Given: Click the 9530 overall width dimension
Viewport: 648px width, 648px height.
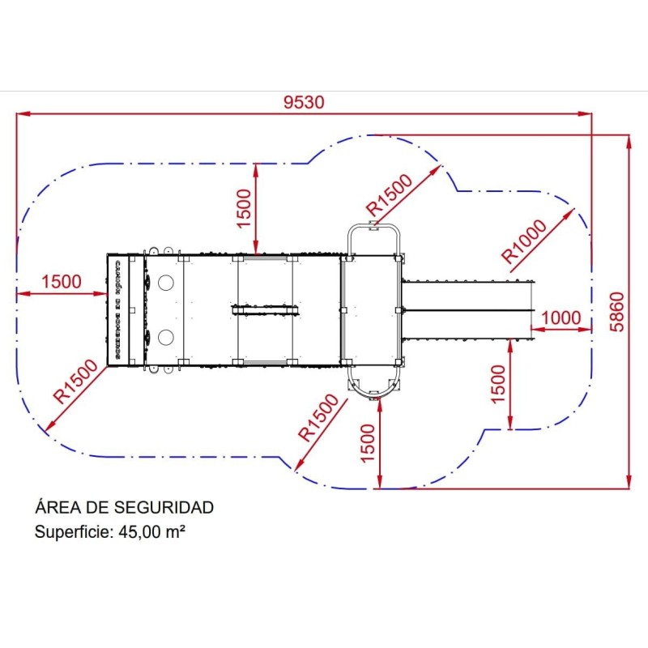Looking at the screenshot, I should [304, 102].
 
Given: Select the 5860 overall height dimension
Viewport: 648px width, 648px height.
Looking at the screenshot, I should [617, 311].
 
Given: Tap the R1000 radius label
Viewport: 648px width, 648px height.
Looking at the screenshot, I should [534, 239].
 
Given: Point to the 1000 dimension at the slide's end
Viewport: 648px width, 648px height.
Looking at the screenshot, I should [561, 318].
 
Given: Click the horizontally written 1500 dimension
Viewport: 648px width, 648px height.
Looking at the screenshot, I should [62, 282].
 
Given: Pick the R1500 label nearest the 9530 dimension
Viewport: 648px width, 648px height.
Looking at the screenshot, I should [389, 195].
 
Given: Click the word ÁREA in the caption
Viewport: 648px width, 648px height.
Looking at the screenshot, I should [58, 508].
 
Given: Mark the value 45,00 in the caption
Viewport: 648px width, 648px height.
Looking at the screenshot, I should [140, 532].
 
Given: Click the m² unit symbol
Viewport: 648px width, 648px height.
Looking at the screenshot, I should [177, 532].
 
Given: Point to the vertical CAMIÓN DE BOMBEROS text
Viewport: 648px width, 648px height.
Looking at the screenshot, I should [117, 309].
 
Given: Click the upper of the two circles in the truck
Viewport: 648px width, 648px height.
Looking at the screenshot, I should [166, 283].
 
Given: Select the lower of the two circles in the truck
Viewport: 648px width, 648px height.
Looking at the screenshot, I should [166, 336].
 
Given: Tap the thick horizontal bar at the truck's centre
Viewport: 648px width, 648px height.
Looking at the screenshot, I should [265, 309].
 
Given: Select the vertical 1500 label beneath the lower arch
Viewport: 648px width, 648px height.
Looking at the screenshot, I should [369, 444].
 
